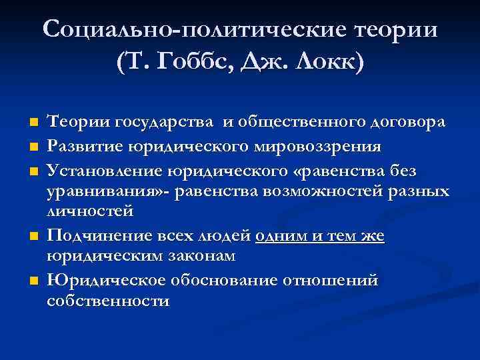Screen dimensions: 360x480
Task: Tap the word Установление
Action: [102, 172]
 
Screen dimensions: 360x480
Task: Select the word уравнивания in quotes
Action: [99, 191]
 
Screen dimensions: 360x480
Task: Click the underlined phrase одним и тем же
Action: [320, 235]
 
